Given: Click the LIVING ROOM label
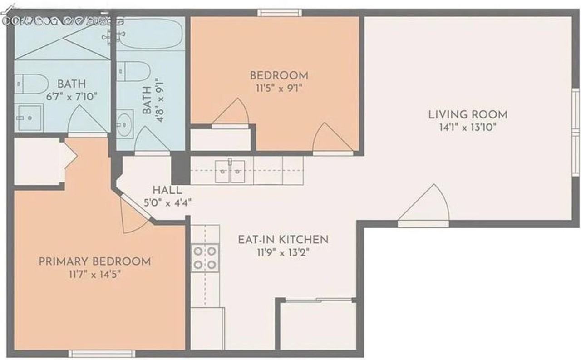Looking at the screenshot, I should pos(468,114).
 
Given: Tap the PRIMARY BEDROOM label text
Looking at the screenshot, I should pos(94,261).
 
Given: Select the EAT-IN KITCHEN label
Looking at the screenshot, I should pos(282,239).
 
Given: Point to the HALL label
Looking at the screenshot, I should pos(167,191).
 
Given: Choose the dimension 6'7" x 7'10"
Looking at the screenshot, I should pos(72,96).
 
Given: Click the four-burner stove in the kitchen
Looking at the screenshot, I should pos(205,257).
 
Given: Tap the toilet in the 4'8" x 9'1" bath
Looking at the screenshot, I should pos(133,70).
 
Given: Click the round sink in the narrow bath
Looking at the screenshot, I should pos(124,123).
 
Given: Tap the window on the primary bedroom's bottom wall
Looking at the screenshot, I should pos(102,353).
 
